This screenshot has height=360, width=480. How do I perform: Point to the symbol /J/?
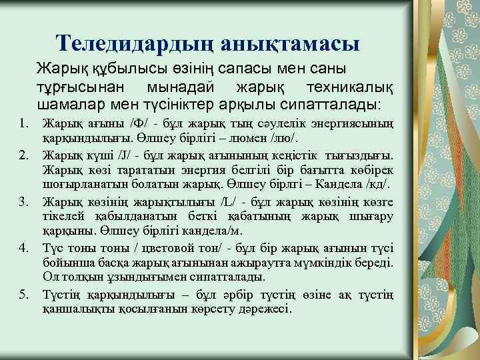(x=124, y=156)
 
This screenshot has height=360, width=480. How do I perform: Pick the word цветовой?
(x=143, y=248)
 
